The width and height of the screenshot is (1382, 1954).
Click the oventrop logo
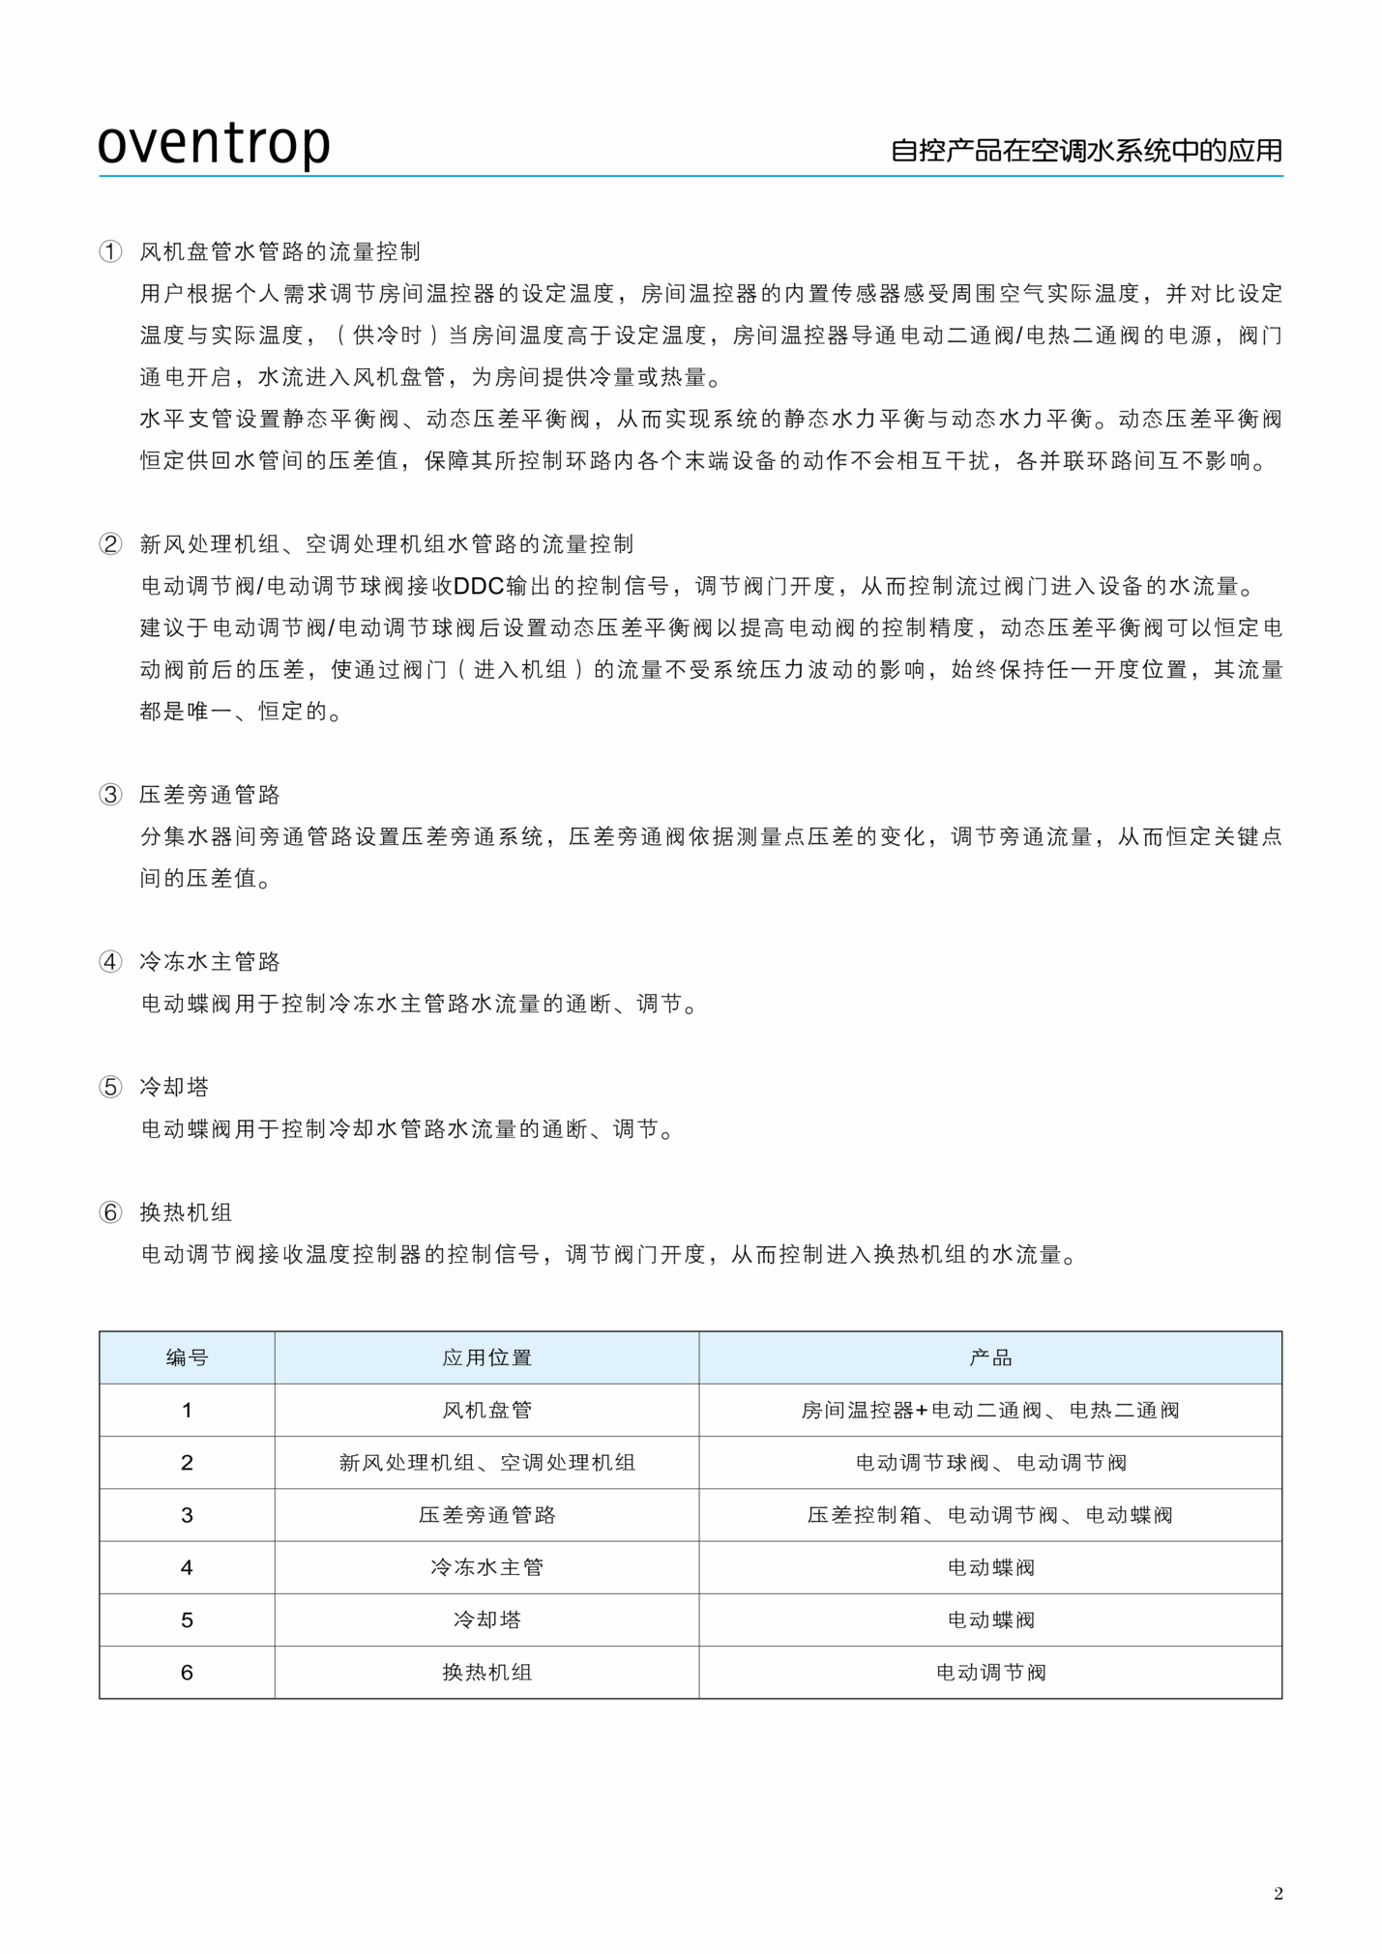click(214, 143)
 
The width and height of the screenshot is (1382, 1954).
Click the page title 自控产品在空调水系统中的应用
click(1086, 151)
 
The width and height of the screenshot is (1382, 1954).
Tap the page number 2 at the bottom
click(1278, 1893)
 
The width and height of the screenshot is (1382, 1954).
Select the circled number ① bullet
click(110, 252)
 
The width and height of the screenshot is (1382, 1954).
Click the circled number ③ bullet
click(110, 795)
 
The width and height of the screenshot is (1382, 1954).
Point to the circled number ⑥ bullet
click(110, 1212)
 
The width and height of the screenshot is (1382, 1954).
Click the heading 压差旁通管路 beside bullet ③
click(210, 795)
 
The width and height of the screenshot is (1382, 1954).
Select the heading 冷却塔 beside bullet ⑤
click(174, 1087)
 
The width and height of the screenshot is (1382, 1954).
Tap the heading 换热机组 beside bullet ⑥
click(186, 1212)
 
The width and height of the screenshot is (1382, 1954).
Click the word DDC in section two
click(479, 587)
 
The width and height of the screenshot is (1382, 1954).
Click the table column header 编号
click(187, 1357)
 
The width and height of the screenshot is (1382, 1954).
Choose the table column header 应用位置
click(486, 1357)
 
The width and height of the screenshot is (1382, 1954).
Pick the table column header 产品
click(990, 1357)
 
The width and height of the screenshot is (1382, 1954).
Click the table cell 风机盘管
click(486, 1410)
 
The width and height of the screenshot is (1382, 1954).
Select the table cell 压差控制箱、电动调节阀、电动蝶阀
click(990, 1515)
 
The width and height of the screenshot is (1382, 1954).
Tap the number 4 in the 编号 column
click(187, 1567)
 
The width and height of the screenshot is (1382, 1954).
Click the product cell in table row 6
click(990, 1673)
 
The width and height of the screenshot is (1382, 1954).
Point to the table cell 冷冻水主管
click(486, 1567)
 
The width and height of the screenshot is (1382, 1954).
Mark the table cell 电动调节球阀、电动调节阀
click(990, 1463)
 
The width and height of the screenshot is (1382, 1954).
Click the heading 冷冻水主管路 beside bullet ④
click(210, 962)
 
